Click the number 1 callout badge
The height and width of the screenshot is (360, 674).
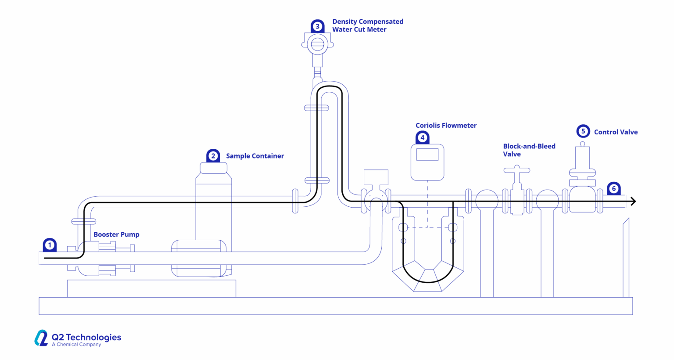50,245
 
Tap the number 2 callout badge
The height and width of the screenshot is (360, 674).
213,156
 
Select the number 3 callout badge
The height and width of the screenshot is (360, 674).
317,26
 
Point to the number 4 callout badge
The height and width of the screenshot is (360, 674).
422,137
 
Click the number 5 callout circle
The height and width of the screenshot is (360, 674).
583,131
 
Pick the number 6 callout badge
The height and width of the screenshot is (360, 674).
613,189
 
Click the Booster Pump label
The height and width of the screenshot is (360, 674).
116,234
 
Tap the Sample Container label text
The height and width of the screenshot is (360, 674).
255,156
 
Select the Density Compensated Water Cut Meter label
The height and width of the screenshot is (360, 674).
367,25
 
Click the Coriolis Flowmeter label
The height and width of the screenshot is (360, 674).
446,126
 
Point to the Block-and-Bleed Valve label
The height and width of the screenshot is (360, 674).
529,150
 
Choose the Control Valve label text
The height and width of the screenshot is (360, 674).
616,132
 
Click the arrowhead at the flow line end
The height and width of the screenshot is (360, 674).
633,202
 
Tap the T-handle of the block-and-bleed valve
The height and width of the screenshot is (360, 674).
516,169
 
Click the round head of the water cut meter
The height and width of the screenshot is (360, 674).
317,44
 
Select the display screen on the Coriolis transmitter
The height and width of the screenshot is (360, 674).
427,155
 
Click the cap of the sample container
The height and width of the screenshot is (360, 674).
213,168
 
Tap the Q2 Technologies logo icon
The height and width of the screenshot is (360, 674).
41,338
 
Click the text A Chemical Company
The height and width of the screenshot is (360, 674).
76,345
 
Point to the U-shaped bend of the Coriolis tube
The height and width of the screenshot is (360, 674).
428,280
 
